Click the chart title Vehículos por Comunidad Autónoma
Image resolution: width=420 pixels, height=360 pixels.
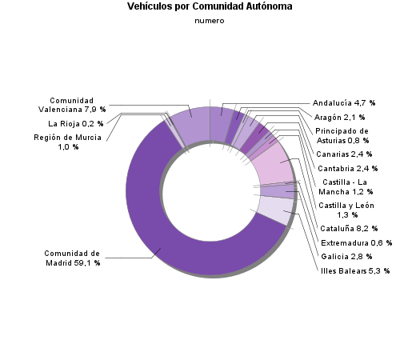click(210, 6)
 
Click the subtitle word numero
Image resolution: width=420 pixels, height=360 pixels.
click(210, 21)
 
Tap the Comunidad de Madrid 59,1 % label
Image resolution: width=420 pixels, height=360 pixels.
click(71, 258)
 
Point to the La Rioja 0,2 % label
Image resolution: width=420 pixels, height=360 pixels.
click(75, 124)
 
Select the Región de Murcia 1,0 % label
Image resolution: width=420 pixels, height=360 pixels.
click(67, 142)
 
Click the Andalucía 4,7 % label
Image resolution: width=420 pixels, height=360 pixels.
click(343, 103)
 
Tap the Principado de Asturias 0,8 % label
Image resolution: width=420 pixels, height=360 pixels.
click(342, 135)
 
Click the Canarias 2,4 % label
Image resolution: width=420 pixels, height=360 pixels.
click(344, 154)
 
